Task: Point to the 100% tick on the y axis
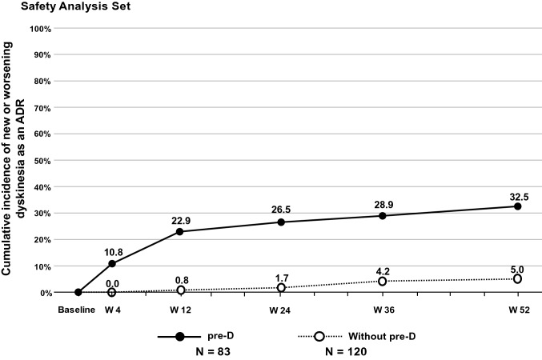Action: (x=39, y=29)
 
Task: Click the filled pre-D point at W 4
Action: (x=111, y=264)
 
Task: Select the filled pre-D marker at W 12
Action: (x=179, y=232)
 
